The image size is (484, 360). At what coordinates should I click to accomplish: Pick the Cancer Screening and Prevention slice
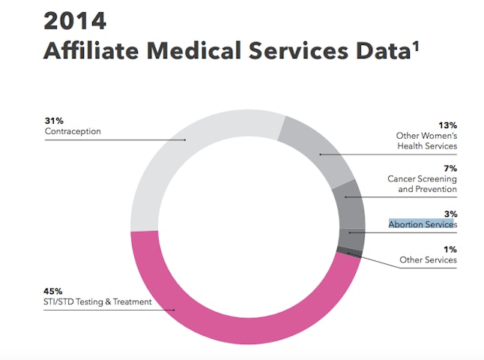(x=348, y=203)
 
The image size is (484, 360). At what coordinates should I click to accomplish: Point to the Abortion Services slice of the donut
(x=351, y=238)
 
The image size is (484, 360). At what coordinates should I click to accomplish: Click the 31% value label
(x=54, y=120)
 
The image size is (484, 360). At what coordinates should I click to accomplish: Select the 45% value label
(x=54, y=290)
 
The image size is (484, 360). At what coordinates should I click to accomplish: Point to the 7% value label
(x=450, y=168)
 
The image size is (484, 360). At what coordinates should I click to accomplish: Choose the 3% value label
(x=450, y=214)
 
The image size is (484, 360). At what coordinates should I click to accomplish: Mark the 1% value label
(x=450, y=249)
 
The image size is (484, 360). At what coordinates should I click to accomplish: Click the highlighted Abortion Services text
(x=423, y=224)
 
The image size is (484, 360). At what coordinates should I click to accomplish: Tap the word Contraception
(x=73, y=131)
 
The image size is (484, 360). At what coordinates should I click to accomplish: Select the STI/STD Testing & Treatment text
(x=98, y=301)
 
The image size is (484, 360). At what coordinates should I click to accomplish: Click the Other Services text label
(x=428, y=259)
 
